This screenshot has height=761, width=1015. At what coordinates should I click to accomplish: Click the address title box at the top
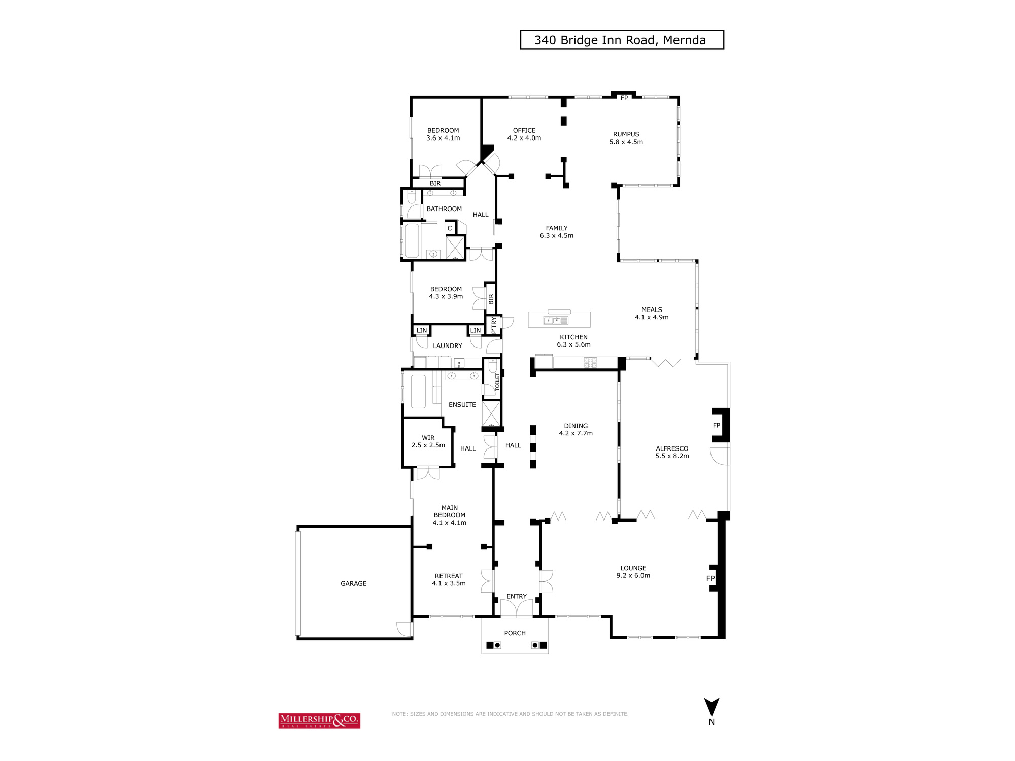click(x=622, y=40)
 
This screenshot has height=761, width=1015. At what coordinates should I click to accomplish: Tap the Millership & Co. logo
click(x=319, y=720)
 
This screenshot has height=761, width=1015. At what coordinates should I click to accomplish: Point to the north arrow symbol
click(x=712, y=707)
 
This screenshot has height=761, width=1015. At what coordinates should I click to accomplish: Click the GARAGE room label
click(x=354, y=584)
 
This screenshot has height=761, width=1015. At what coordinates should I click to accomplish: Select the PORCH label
click(x=515, y=633)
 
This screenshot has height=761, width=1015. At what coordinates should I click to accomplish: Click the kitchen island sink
click(x=556, y=320)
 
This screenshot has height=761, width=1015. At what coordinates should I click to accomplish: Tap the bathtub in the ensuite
click(x=418, y=391)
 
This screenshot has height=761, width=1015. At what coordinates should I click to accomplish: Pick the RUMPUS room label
click(x=626, y=134)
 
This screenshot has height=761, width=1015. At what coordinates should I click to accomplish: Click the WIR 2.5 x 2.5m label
click(x=428, y=441)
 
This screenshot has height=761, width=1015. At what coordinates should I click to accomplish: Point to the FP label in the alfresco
click(x=717, y=425)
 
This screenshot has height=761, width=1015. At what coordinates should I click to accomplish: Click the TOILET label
click(x=497, y=382)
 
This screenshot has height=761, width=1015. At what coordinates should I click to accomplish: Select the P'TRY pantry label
click(x=494, y=325)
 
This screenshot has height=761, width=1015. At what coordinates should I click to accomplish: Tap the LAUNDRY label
click(x=448, y=346)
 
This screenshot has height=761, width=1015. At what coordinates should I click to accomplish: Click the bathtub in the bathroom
click(x=412, y=240)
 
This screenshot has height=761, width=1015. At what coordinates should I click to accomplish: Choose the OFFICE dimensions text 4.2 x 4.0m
click(x=524, y=138)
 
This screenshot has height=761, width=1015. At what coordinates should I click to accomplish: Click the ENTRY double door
click(x=517, y=608)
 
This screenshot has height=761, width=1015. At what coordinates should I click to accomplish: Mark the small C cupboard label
click(x=450, y=228)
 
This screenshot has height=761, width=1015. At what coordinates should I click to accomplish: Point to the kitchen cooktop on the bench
click(x=590, y=362)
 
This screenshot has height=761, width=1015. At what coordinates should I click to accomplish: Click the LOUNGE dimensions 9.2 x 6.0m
click(x=633, y=576)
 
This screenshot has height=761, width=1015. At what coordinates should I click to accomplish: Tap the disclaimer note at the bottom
click(x=510, y=714)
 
